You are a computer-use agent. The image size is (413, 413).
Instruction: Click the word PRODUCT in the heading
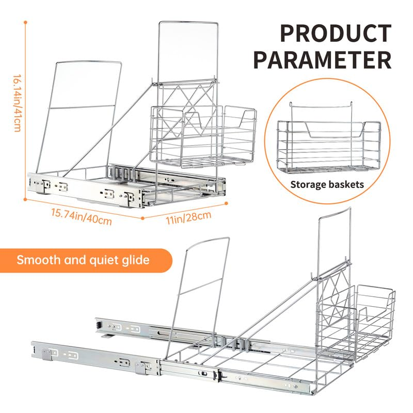(336, 34)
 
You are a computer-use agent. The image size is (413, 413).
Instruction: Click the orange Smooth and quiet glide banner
(83, 260)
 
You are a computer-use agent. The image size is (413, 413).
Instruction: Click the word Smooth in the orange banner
(38, 260)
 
